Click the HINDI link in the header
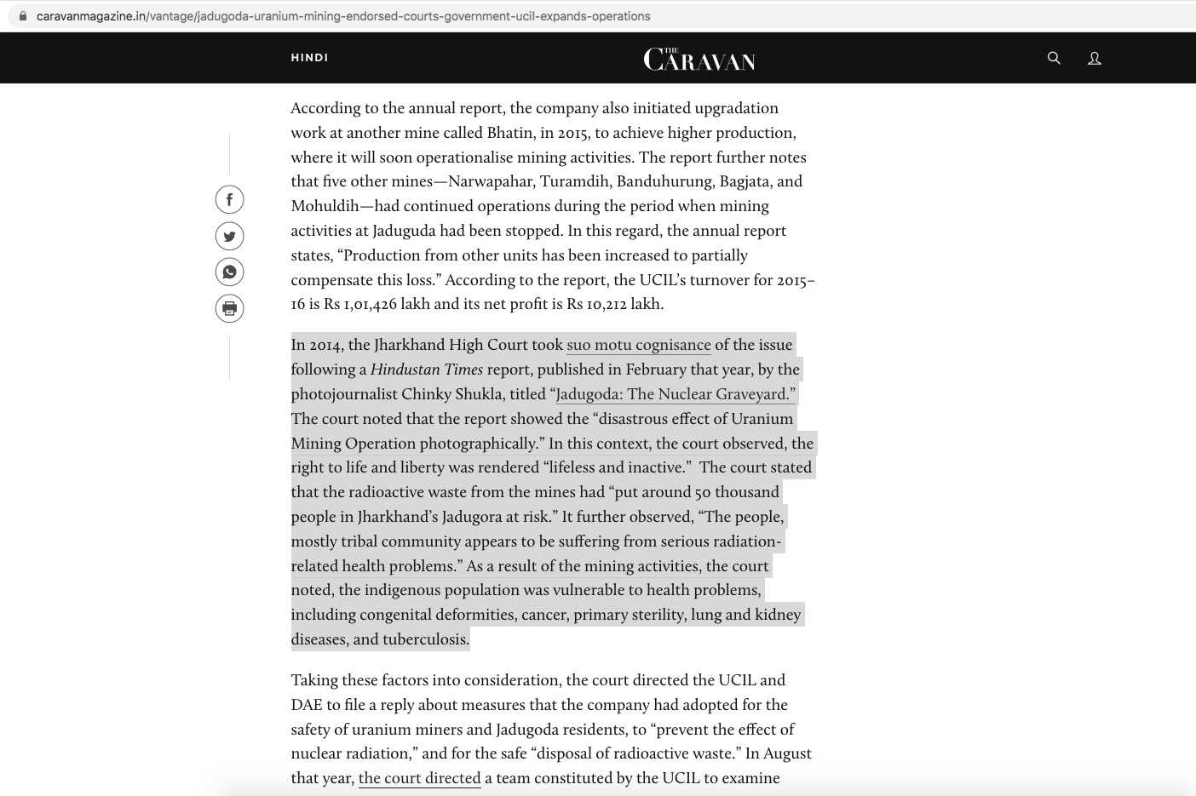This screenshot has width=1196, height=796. pyautogui.click(x=309, y=58)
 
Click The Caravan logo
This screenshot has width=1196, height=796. pyautogui.click(x=699, y=59)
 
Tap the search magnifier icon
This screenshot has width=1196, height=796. pyautogui.click(x=1054, y=58)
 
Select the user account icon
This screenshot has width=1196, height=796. pyautogui.click(x=1095, y=58)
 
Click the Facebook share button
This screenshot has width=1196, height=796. pyautogui.click(x=229, y=199)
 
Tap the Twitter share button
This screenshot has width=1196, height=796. pyautogui.click(x=229, y=236)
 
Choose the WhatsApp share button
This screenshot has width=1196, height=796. pyautogui.click(x=229, y=272)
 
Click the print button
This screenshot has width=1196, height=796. pyautogui.click(x=229, y=308)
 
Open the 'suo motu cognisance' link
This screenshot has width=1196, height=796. pyautogui.click(x=638, y=345)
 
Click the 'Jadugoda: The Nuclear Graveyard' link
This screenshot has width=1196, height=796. pyautogui.click(x=675, y=394)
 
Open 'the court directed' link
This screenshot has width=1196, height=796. pyautogui.click(x=419, y=778)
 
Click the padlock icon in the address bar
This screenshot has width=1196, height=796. pyautogui.click(x=23, y=16)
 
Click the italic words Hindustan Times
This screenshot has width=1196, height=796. pyautogui.click(x=426, y=369)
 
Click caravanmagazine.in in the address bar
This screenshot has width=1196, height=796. pyautogui.click(x=91, y=16)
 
